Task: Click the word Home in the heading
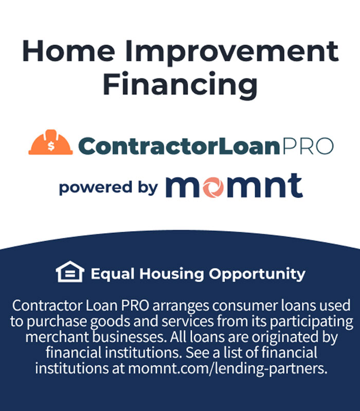tap(69, 51)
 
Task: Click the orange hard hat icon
tap(50, 142)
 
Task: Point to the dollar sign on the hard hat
tap(51, 146)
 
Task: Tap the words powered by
tap(109, 188)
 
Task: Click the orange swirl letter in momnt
tap(213, 188)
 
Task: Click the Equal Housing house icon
tap(70, 272)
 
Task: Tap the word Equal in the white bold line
tap(113, 274)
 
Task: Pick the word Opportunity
tap(257, 274)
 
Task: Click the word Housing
tap(172, 274)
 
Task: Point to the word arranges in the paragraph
tap(181, 306)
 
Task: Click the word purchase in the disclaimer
tap(57, 322)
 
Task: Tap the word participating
tap(312, 322)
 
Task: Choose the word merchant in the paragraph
tap(57, 337)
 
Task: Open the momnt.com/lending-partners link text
tap(227, 369)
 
